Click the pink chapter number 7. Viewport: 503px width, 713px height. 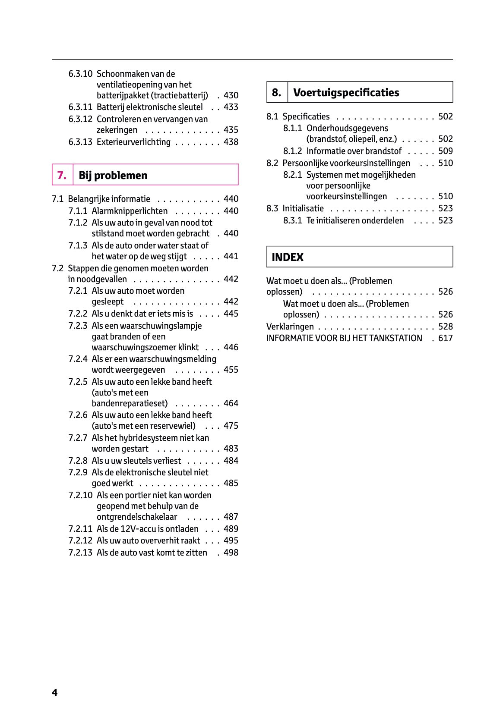[62, 175]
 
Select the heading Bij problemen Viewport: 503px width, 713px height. [113, 175]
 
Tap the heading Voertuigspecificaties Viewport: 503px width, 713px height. [346, 92]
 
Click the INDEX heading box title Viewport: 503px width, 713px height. [288, 257]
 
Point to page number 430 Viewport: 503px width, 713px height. [231, 95]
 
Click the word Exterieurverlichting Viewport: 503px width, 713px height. [133, 142]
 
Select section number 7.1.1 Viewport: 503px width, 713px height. [78, 211]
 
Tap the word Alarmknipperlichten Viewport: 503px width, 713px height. [130, 211]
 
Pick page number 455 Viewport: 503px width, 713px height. [231, 370]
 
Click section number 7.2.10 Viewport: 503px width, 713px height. [80, 495]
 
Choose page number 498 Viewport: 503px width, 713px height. [231, 553]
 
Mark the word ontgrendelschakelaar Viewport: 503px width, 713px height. [137, 517]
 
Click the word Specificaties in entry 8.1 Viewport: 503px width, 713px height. [306, 116]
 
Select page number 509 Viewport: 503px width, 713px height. [446, 151]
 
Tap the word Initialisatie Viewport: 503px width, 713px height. [303, 208]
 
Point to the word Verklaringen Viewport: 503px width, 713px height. [290, 327]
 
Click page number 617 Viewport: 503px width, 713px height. [446, 338]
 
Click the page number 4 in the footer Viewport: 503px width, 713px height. [55, 692]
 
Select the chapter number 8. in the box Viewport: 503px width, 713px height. [276, 92]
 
